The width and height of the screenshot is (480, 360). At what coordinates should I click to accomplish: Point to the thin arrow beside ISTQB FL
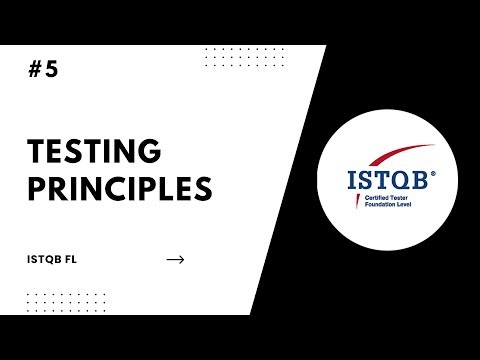coord(175,260)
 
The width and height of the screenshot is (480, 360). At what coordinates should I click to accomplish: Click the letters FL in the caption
coord(70,260)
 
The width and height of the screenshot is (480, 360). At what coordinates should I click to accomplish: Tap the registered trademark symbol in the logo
coord(433,171)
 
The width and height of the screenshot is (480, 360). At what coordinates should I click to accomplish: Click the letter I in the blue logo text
coord(352,183)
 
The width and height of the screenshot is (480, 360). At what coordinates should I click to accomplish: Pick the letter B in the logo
coord(417,183)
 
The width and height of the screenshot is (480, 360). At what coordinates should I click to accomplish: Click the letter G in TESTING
coord(151,153)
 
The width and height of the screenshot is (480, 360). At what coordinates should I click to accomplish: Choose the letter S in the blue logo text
coord(364,183)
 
